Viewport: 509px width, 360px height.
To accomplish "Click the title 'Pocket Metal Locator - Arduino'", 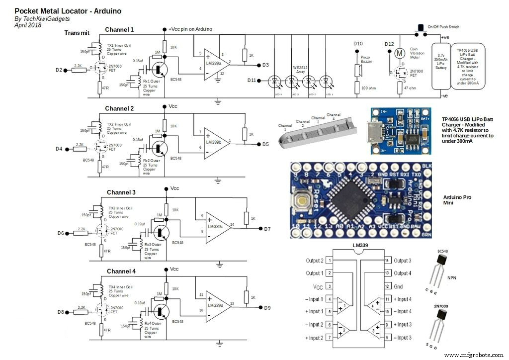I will click(68, 10).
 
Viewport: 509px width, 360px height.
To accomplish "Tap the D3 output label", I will click(265, 65).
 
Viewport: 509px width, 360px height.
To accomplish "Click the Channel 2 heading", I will click(119, 108).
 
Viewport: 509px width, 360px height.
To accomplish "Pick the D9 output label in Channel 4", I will click(267, 307).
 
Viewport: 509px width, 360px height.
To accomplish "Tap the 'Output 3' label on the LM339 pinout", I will click(402, 261).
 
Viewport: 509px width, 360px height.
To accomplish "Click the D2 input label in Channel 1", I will click(60, 70).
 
